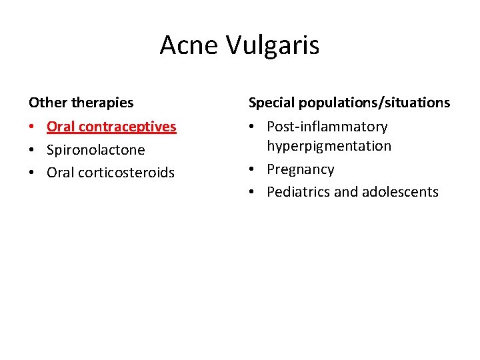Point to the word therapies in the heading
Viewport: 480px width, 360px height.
point(101,103)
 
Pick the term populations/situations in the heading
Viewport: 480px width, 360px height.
point(374,103)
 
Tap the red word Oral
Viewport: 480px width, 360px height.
point(59,127)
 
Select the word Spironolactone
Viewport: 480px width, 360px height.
point(95,150)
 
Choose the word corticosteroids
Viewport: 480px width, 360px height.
point(126,173)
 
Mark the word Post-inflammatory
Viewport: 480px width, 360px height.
point(327,127)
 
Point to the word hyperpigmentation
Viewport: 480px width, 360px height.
point(329,146)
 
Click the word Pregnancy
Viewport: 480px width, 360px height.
point(300,169)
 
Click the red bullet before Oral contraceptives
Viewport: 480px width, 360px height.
point(32,127)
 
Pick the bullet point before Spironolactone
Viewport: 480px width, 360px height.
point(32,150)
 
